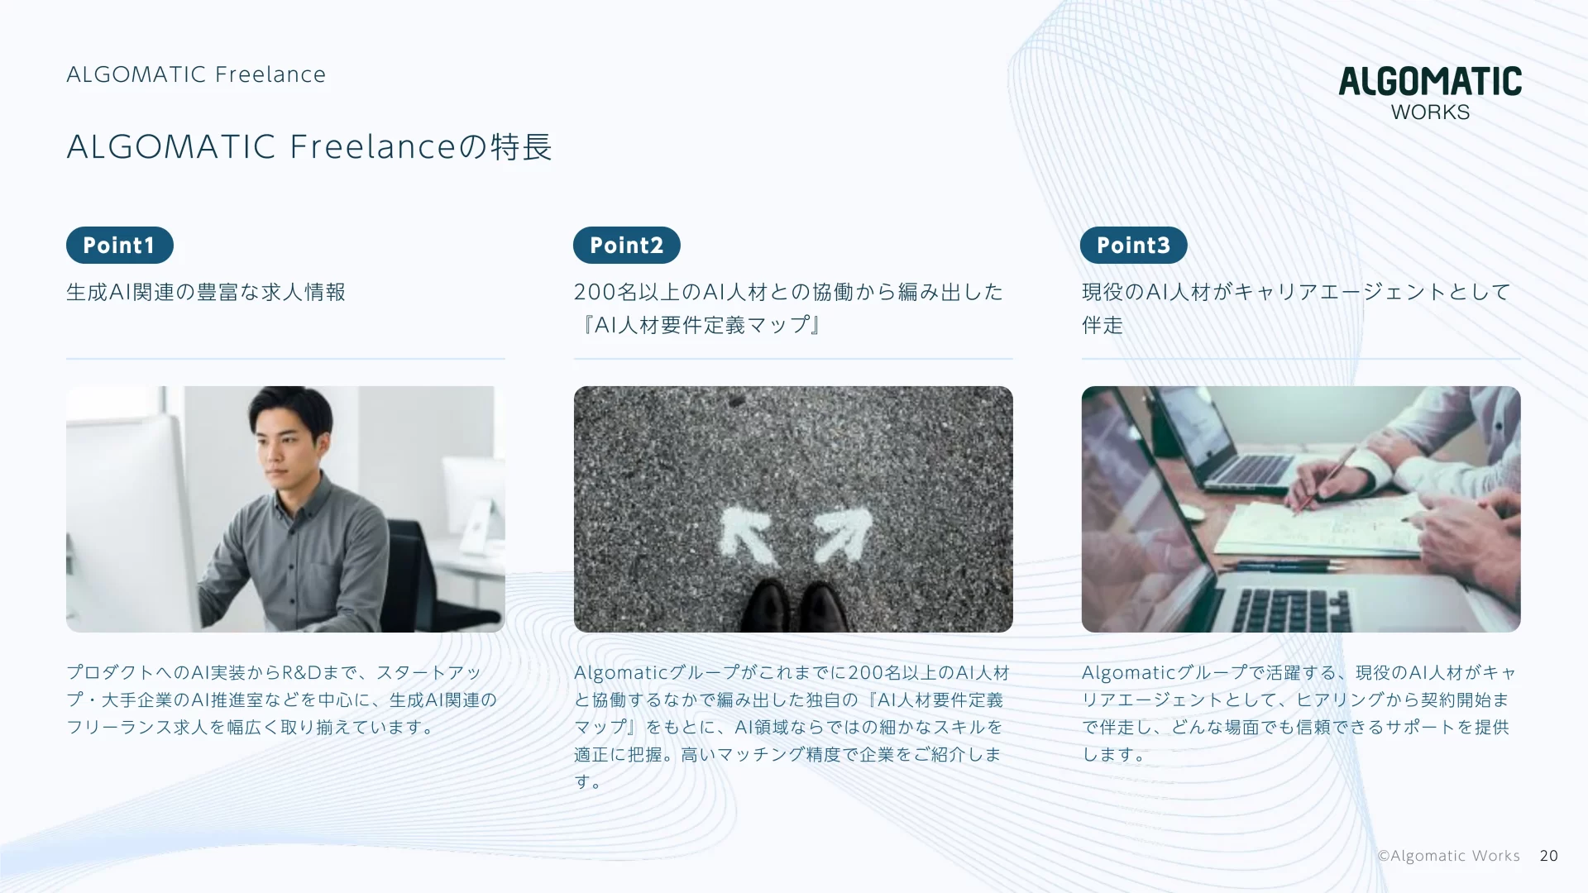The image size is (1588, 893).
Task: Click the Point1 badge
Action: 120,246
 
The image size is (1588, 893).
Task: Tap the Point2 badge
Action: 627,246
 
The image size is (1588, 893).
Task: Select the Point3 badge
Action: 1134,246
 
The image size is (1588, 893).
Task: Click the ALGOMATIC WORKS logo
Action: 1430,93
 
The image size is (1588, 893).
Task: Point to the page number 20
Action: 1549,856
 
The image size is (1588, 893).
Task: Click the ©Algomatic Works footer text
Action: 1449,856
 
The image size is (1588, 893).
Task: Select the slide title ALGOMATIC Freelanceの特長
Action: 309,147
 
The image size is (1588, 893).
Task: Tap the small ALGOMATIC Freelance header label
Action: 196,74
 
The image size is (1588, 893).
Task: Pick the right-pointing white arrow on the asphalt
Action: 842,534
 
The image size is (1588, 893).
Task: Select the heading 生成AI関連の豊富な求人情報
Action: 206,292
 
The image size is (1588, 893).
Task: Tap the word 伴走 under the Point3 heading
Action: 1103,325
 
